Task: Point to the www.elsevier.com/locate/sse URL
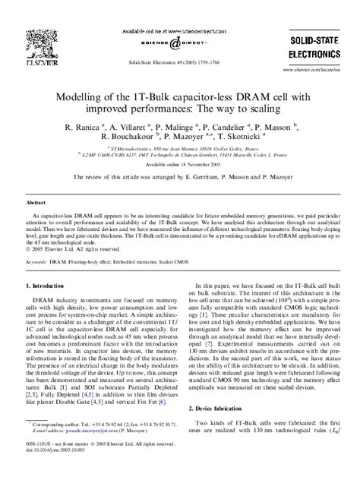click(314, 68)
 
